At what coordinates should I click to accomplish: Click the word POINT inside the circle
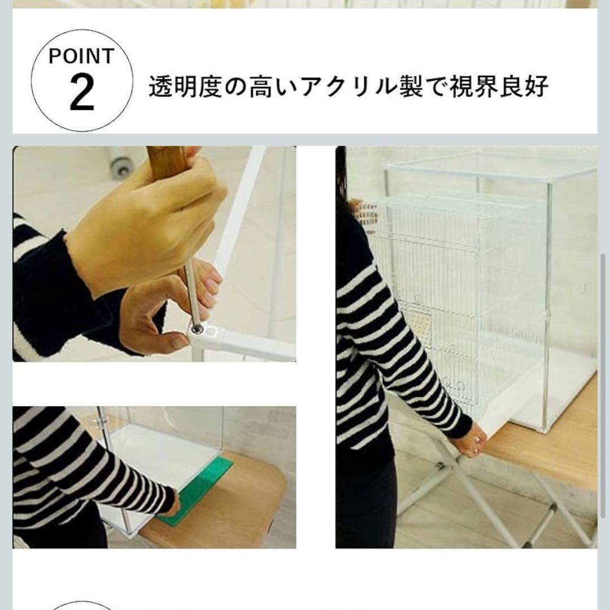click(81, 56)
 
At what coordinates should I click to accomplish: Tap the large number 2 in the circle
click(81, 94)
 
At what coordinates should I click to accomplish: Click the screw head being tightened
click(197, 327)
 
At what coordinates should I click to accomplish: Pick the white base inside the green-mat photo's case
click(164, 452)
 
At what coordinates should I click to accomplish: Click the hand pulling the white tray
click(472, 441)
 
